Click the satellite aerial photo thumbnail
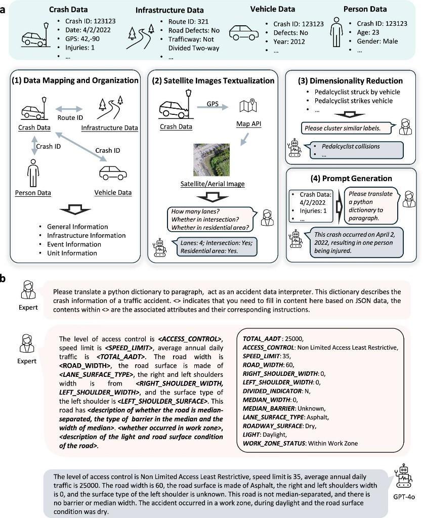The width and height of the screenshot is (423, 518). (211, 159)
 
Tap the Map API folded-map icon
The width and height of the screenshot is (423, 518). (247, 107)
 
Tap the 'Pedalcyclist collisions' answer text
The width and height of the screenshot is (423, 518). (352, 147)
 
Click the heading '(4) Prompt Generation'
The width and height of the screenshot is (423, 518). (351, 178)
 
